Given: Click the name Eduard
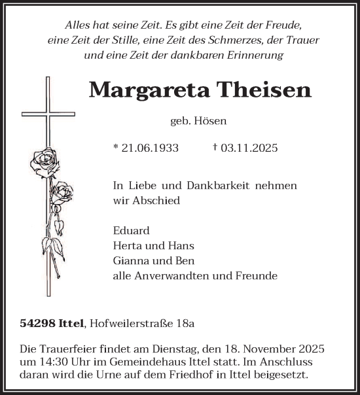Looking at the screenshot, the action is click(131, 231).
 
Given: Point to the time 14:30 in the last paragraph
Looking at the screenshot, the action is click(73, 362).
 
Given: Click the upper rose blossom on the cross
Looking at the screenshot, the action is click(45, 160).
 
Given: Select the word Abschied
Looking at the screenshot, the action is click(158, 201).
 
